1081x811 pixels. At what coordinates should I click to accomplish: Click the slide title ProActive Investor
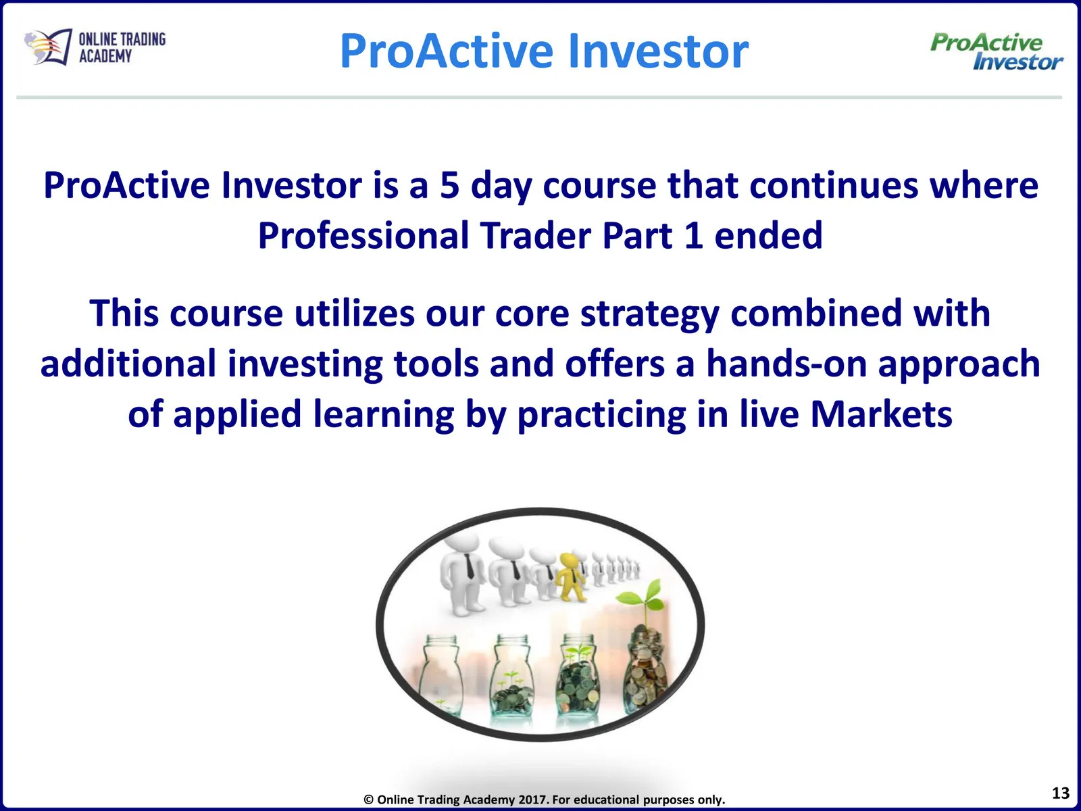pyautogui.click(x=544, y=51)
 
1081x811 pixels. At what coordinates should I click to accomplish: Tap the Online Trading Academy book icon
pyautogui.click(x=48, y=47)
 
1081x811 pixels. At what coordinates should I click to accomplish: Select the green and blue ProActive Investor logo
pyautogui.click(x=997, y=52)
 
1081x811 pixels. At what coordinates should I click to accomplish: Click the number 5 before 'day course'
pyautogui.click(x=450, y=185)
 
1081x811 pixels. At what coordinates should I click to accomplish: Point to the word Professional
pyautogui.click(x=363, y=235)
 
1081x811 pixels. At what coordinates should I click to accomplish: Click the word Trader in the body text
pyautogui.click(x=536, y=235)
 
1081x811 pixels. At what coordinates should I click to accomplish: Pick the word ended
pyautogui.click(x=768, y=235)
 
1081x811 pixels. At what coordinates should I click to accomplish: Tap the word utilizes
pyautogui.click(x=355, y=313)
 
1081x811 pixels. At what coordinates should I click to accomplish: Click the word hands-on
pyautogui.click(x=786, y=364)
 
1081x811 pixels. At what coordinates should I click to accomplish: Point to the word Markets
pyautogui.click(x=881, y=414)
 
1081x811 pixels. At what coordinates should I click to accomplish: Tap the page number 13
pyautogui.click(x=1061, y=793)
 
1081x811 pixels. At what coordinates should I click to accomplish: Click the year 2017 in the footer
pyautogui.click(x=532, y=800)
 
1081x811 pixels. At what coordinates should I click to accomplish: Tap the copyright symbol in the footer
pyautogui.click(x=368, y=800)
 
